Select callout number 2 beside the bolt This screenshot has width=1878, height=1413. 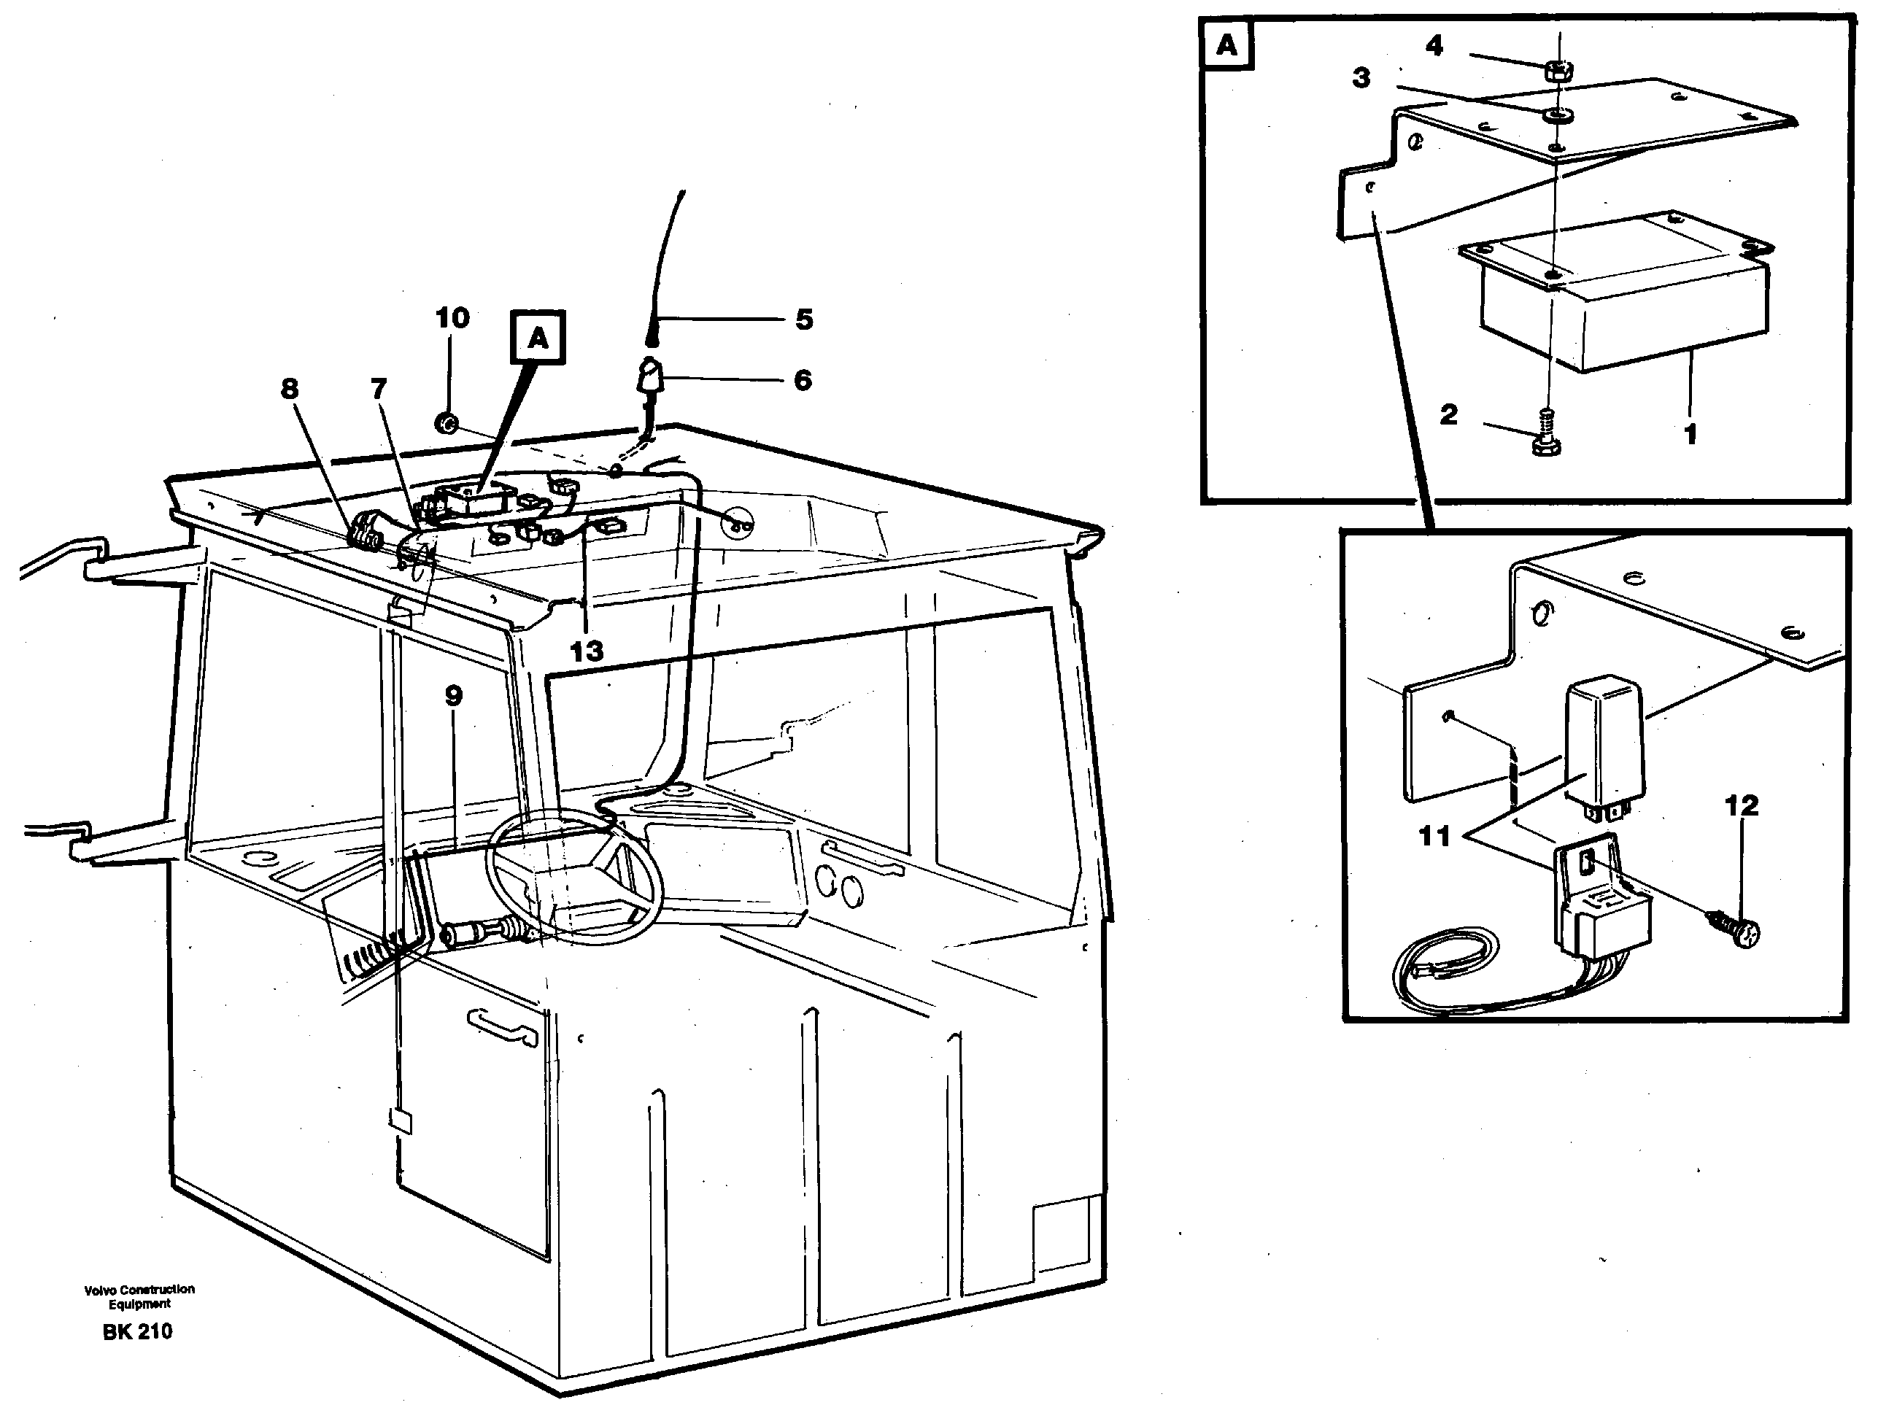pyautogui.click(x=1448, y=414)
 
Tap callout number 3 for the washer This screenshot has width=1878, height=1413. pyautogui.click(x=1361, y=78)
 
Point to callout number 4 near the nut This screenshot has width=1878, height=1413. pyautogui.click(x=1434, y=45)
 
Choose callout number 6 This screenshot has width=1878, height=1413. pyautogui.click(x=803, y=379)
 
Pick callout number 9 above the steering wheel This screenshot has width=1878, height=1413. pyautogui.click(x=453, y=696)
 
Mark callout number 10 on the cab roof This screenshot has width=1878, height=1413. pyautogui.click(x=452, y=317)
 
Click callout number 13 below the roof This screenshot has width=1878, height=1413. pyautogui.click(x=586, y=651)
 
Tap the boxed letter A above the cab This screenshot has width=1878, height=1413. pyautogui.click(x=538, y=338)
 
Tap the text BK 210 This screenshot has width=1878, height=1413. pyautogui.click(x=138, y=1331)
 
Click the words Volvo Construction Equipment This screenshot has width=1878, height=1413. pyautogui.click(x=139, y=1296)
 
